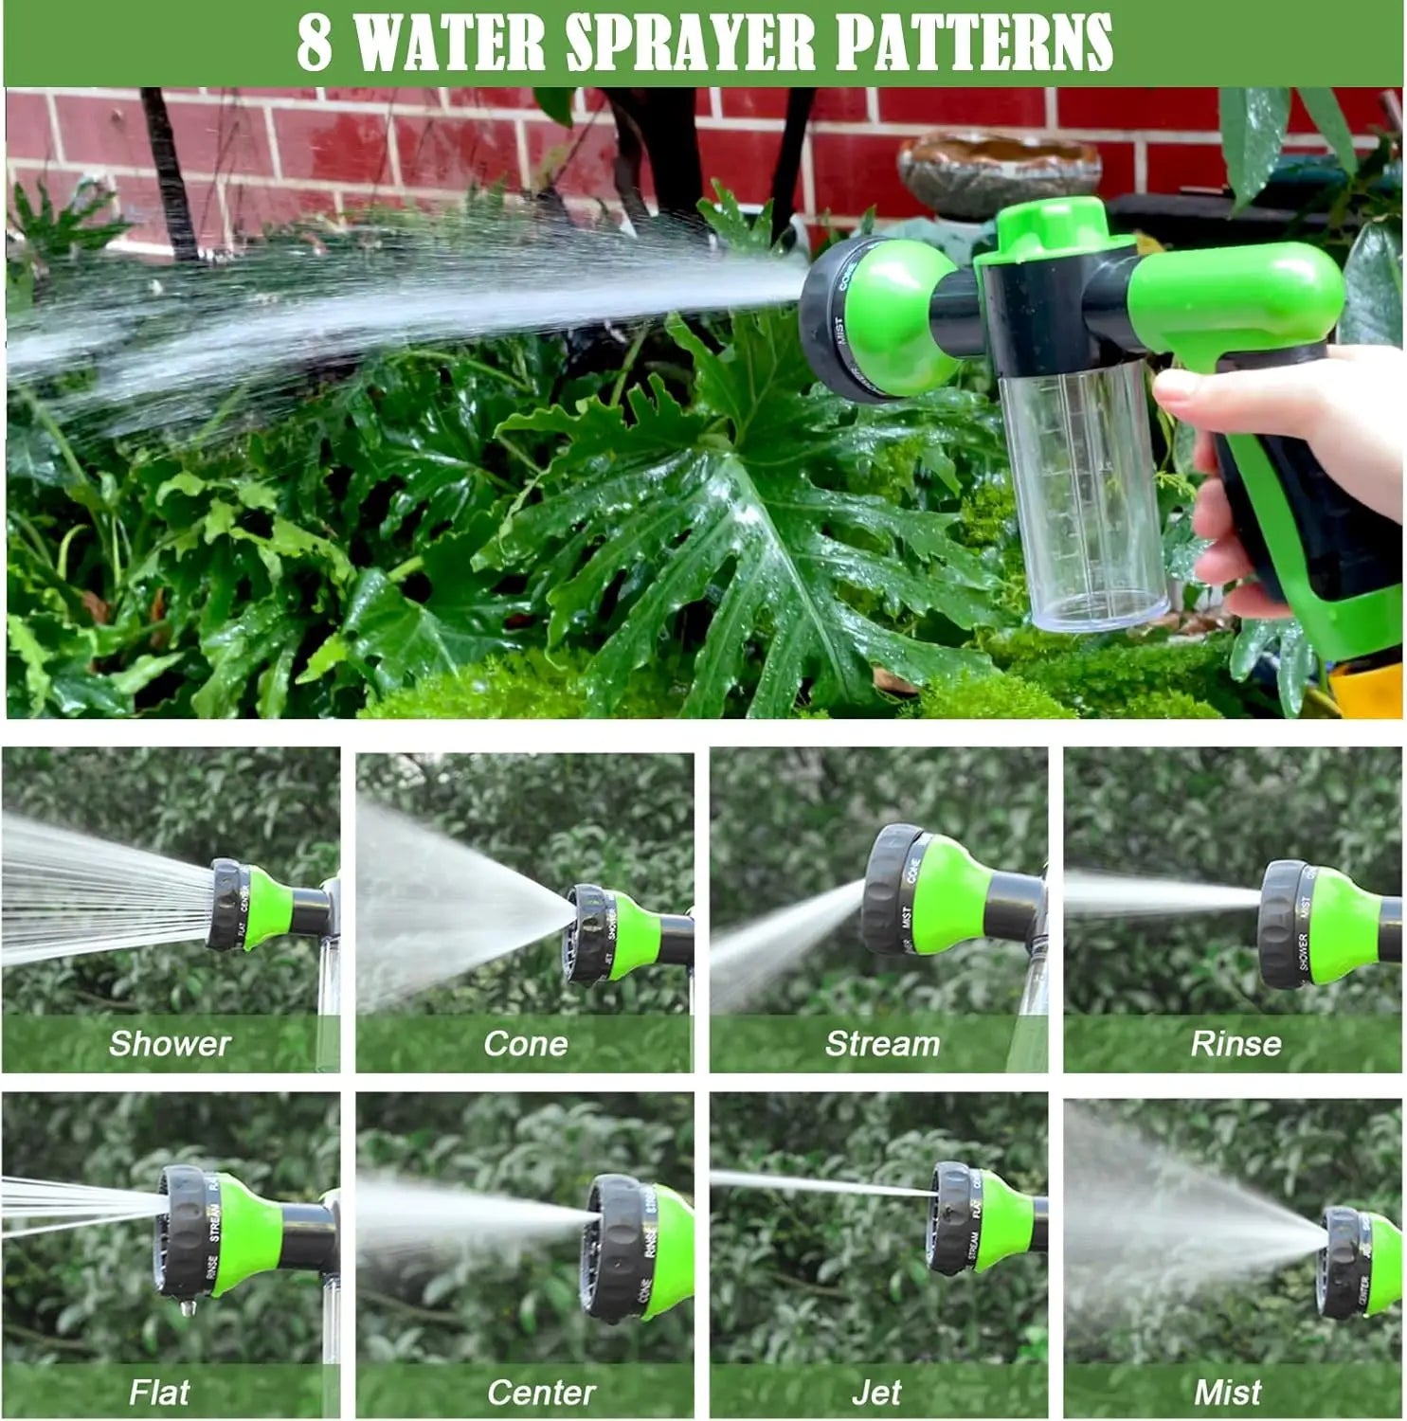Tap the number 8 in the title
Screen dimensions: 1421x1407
[315, 43]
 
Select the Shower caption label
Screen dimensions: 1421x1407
[170, 1043]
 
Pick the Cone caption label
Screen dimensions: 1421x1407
[525, 1043]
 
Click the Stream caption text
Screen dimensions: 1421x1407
[882, 1043]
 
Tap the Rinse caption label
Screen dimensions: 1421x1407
[1236, 1043]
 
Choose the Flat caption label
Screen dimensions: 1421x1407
[159, 1392]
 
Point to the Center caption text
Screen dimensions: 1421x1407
[541, 1392]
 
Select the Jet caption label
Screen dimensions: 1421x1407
[876, 1392]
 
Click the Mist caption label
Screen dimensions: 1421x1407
[1227, 1392]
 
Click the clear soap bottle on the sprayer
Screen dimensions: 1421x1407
[1085, 493]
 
